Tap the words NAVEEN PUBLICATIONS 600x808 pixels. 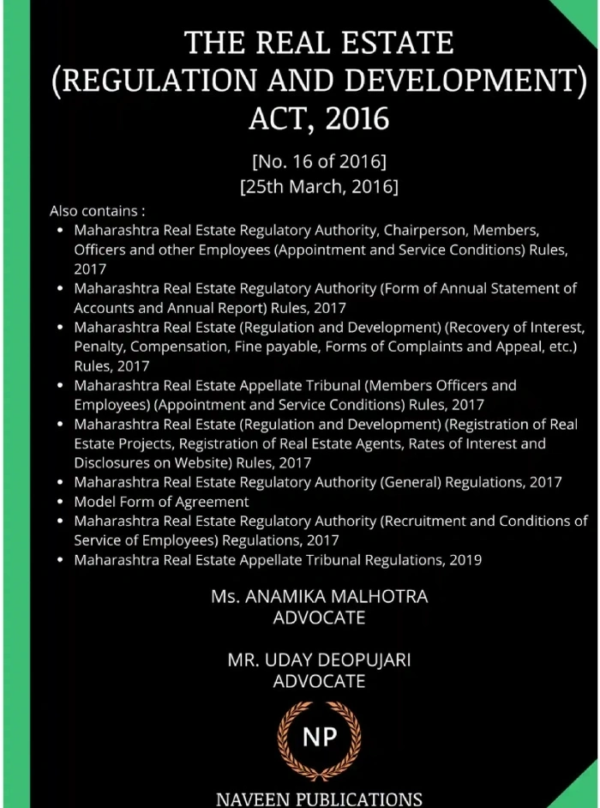pos(319,799)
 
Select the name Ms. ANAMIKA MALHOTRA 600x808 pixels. pos(319,597)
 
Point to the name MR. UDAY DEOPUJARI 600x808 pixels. pos(319,660)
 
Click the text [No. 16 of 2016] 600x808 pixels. pos(319,160)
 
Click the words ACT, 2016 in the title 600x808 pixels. pos(319,117)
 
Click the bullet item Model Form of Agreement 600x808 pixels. pos(161,502)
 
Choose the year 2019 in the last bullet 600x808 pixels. pos(464,560)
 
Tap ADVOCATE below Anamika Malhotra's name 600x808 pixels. pos(319,618)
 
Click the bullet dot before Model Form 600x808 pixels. pos(59,503)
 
